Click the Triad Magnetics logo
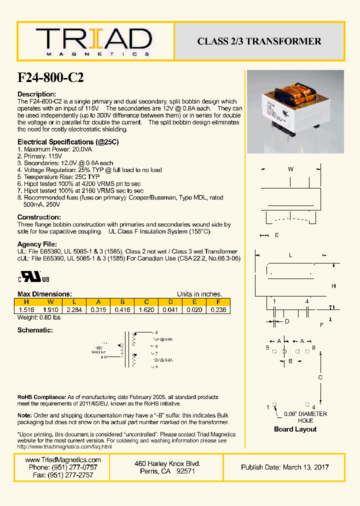pos(93,41)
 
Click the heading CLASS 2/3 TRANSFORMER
pos(259,41)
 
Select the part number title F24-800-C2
pos(50,77)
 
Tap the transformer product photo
pos(295,112)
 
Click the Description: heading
pos(36,94)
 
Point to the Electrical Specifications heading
pos(68,142)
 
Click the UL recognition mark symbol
pos(34,278)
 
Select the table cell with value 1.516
pos(26,309)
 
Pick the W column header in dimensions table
pos(50,301)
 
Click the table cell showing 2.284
pos(74,309)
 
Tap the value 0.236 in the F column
pos(218,309)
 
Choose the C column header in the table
pos(146,301)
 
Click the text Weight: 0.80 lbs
pos(39,317)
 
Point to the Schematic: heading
pos(35,330)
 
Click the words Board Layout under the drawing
pos(295,429)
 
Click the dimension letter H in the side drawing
pos(333,285)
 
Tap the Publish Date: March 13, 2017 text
pos(284,467)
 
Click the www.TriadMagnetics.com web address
pos(62,459)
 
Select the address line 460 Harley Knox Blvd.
pos(167,463)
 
